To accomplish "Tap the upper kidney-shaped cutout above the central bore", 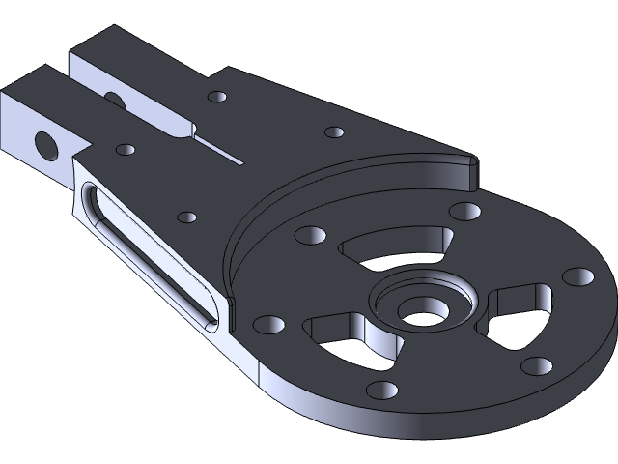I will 398,246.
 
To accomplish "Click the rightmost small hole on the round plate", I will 580,276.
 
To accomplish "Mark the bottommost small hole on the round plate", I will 381,390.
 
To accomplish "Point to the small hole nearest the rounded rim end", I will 465,211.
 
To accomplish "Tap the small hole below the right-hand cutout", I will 536,365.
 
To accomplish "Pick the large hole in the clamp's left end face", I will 44,145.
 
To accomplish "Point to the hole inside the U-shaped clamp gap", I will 113,99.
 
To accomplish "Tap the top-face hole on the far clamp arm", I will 217,97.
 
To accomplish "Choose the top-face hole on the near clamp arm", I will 125,151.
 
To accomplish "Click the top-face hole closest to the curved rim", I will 334,131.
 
